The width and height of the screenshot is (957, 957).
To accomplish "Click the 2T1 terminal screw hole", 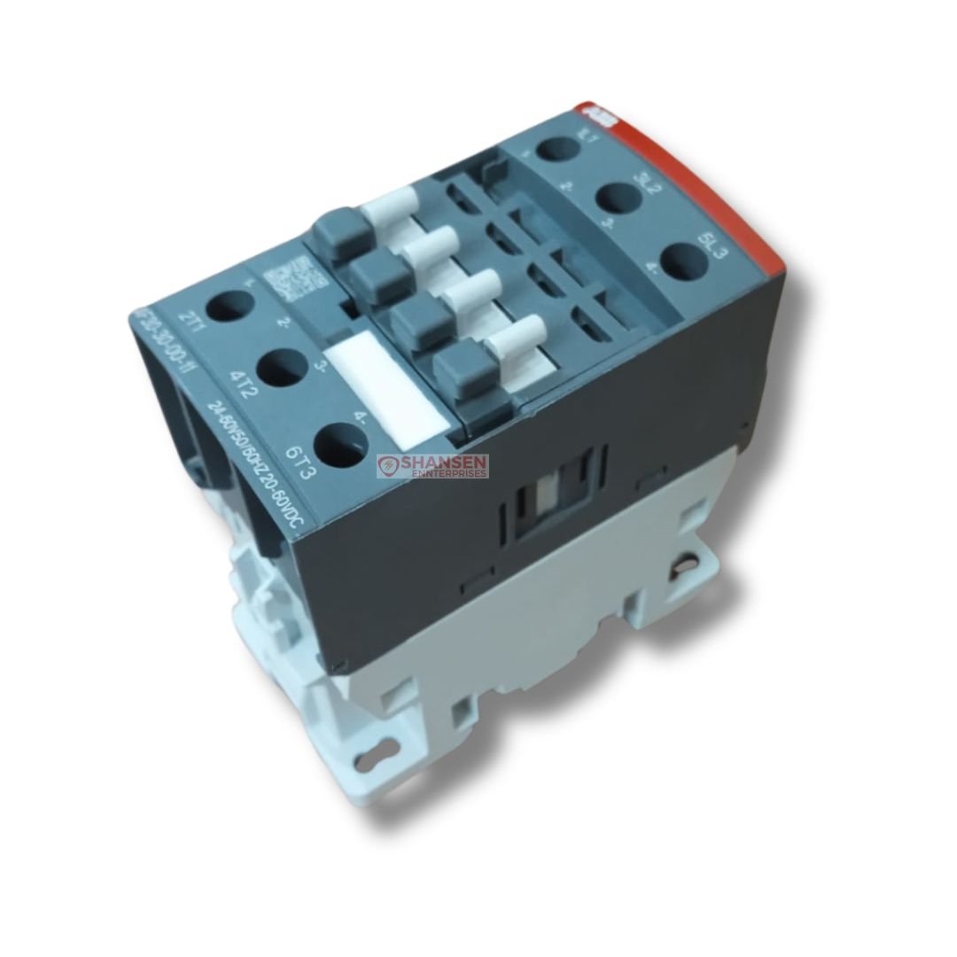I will pyautogui.click(x=225, y=306).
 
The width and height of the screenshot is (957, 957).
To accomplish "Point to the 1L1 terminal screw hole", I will pyautogui.click(x=556, y=145).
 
